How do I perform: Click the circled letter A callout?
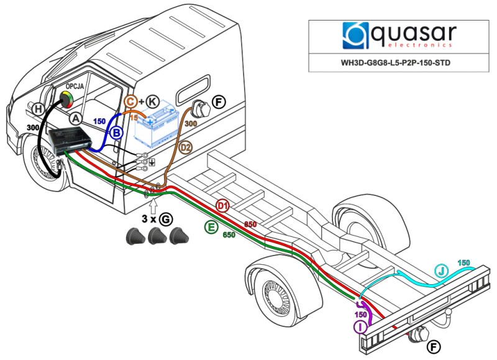click(76, 118)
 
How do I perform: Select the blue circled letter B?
click(116, 132)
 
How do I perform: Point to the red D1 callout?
click(223, 206)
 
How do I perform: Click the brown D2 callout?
click(186, 147)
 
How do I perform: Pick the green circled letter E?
click(212, 228)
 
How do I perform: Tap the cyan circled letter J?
click(440, 270)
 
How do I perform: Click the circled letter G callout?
click(165, 219)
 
